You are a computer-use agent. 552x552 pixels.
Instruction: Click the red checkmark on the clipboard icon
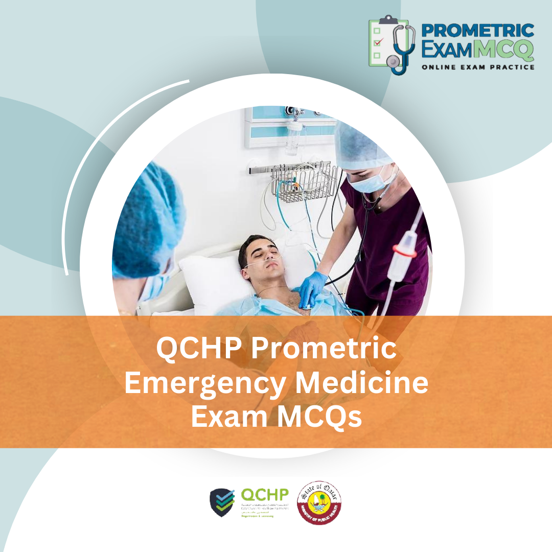click(x=378, y=42)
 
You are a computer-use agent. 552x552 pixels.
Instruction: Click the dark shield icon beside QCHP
click(x=222, y=502)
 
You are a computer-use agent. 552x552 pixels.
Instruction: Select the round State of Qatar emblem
click(x=319, y=501)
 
